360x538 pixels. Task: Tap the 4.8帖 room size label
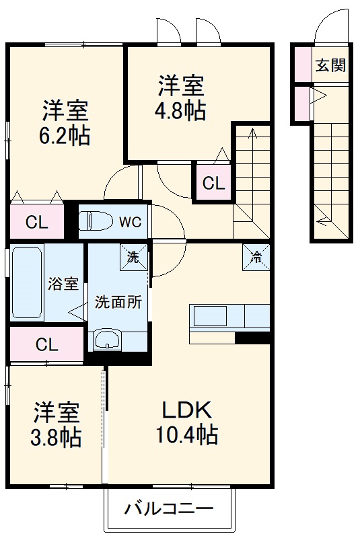(x=182, y=111)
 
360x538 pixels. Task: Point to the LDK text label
(x=186, y=410)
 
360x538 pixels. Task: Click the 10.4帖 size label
(x=188, y=436)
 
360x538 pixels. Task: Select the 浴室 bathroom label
(x=63, y=284)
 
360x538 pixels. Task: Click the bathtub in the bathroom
(x=28, y=283)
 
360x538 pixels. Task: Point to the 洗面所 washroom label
(x=118, y=302)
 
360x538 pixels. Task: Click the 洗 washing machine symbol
(x=133, y=256)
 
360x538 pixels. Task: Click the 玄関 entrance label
(x=330, y=65)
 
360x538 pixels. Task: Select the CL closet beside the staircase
(x=213, y=182)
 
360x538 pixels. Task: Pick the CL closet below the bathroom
(x=46, y=345)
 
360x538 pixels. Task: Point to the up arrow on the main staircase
(x=253, y=135)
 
